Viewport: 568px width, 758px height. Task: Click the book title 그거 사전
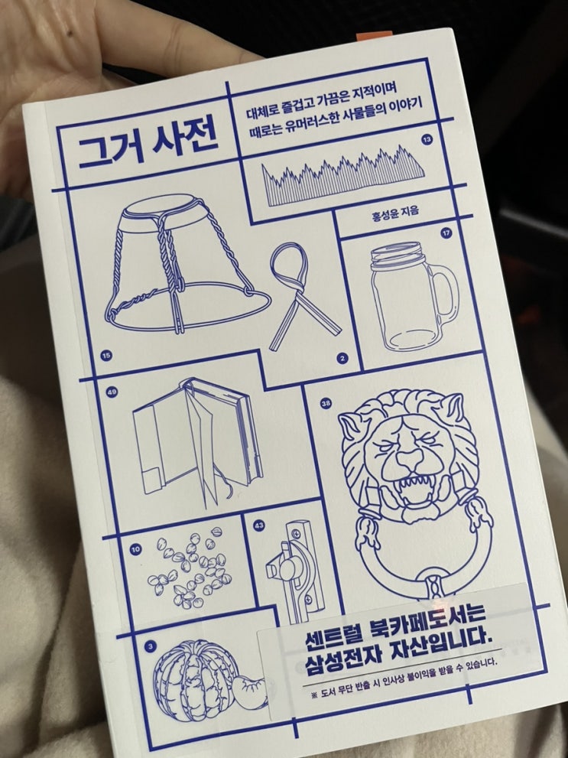pos(148,144)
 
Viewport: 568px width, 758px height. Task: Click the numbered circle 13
pos(427,140)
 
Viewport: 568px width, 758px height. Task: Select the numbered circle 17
pos(446,233)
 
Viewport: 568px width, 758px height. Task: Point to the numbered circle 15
pos(106,356)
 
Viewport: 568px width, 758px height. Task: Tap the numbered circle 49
pos(112,392)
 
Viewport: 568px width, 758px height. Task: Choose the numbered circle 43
pos(259,525)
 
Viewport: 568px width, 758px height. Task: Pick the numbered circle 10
pos(135,549)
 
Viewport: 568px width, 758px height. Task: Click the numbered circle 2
pos(342,358)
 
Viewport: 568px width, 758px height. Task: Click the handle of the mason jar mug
pos(446,296)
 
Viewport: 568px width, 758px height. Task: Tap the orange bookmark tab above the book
pos(375,36)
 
